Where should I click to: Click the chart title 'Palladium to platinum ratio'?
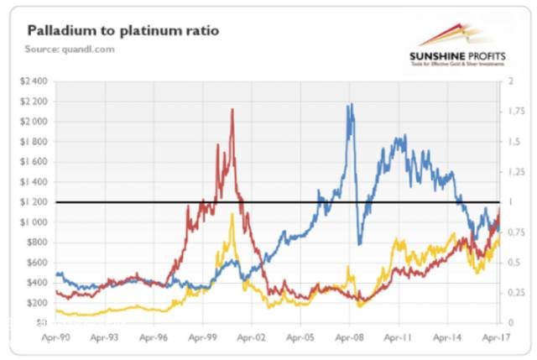123,31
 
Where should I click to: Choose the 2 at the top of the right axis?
503,81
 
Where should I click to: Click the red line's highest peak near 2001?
232,109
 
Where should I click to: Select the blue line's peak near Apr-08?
350,104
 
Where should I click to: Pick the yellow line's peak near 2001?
232,214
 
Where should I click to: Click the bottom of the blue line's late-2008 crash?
359,244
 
